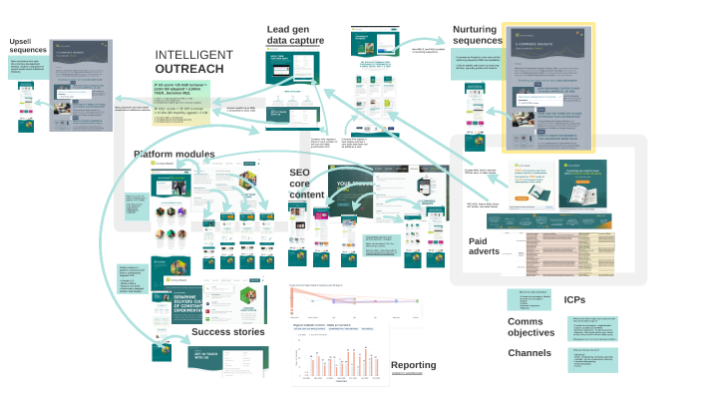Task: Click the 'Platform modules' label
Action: point(188,155)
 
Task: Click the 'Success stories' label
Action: point(228,332)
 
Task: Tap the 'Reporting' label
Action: point(414,365)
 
